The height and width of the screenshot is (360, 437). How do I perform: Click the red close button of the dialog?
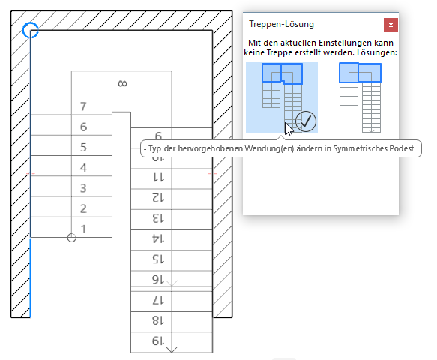(x=391, y=25)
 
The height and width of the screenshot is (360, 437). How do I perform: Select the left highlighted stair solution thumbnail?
(x=281, y=97)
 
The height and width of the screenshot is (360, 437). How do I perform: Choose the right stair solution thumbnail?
(x=360, y=97)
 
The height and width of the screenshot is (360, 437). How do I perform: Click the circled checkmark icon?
(x=306, y=121)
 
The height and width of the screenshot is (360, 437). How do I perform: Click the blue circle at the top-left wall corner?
(x=30, y=30)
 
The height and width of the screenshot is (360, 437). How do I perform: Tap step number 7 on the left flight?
(x=84, y=106)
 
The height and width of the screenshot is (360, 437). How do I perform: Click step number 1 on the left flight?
(x=84, y=228)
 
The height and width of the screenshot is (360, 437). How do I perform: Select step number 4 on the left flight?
(x=84, y=167)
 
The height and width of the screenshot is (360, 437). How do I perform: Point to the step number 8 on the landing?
(x=121, y=84)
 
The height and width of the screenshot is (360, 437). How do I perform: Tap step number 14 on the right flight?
(x=158, y=238)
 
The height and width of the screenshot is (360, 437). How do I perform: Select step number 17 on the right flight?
(x=158, y=299)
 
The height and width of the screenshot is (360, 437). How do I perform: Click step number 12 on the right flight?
(x=158, y=198)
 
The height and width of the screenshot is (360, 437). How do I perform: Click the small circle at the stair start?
(x=72, y=238)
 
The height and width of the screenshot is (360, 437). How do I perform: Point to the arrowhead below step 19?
(x=172, y=349)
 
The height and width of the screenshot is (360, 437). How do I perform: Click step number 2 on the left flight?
(x=84, y=208)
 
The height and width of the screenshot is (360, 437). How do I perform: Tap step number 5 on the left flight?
(x=84, y=147)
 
